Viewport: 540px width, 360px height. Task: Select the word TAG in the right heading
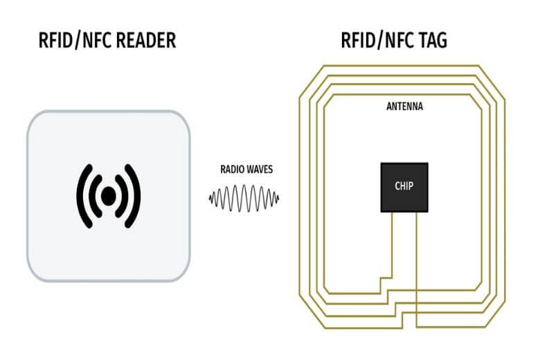tap(432, 41)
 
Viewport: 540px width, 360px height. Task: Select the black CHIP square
tap(404, 187)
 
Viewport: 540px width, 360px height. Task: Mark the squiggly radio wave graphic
tap(244, 199)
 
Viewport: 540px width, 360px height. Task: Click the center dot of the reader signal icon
tap(108, 197)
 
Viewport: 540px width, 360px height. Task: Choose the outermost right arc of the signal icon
tap(136, 197)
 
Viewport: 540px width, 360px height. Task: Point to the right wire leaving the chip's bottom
tap(415, 263)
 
